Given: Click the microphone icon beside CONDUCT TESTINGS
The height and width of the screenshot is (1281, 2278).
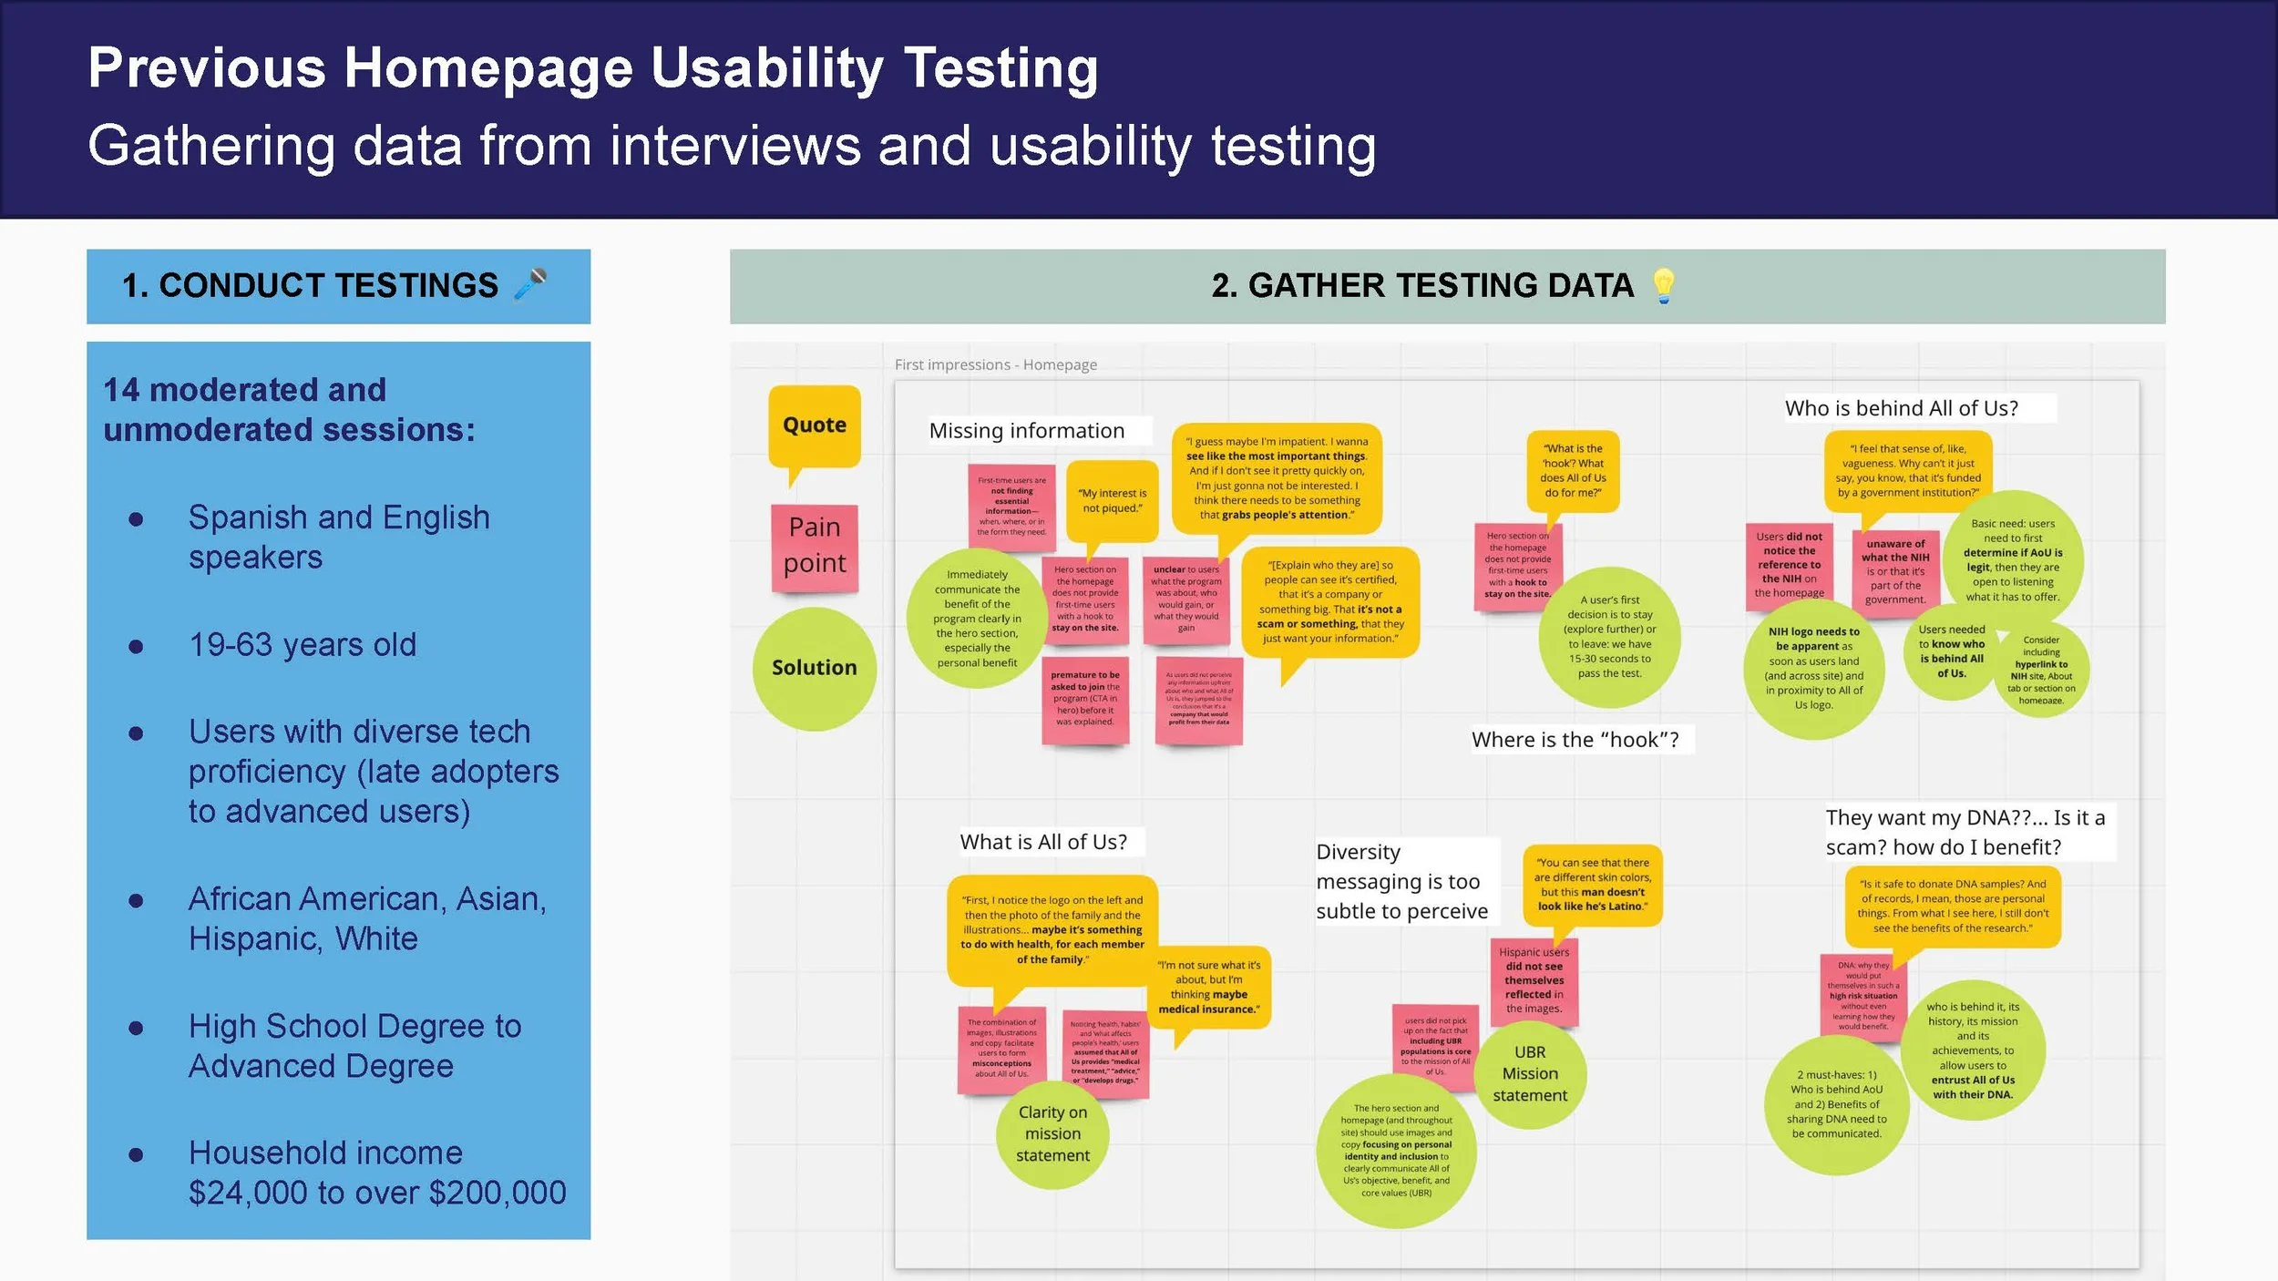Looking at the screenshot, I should (530, 283).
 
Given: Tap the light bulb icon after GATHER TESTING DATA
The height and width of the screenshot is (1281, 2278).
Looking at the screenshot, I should (1663, 285).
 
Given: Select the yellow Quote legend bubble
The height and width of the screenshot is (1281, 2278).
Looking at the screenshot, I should (814, 425).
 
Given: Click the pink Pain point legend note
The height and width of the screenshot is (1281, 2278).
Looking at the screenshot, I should (815, 546).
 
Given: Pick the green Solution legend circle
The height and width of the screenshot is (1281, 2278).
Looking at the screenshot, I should (814, 668).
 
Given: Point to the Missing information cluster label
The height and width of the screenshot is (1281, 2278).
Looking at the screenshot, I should (1027, 431).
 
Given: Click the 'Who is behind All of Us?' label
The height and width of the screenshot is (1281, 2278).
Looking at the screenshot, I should (1902, 408).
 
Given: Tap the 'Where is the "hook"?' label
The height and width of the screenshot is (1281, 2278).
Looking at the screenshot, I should (1575, 740).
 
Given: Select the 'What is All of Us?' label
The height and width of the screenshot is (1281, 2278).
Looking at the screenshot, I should (1043, 842).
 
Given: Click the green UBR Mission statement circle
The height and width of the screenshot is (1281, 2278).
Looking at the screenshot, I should (1530, 1074).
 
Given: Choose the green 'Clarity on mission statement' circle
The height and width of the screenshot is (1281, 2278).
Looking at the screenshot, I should (1052, 1133).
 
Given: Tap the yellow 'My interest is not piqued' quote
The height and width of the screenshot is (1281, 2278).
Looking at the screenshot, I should (1112, 500).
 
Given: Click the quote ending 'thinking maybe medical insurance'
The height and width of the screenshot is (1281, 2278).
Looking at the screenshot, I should (1209, 987).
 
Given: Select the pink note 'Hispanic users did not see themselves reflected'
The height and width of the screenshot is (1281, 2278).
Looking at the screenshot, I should (1534, 980).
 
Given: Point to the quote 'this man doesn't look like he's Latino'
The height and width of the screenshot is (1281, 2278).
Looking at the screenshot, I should (1592, 885).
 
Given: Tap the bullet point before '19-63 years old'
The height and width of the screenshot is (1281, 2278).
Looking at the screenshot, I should (137, 647).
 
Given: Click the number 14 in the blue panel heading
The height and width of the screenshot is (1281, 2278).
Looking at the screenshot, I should (121, 390).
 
